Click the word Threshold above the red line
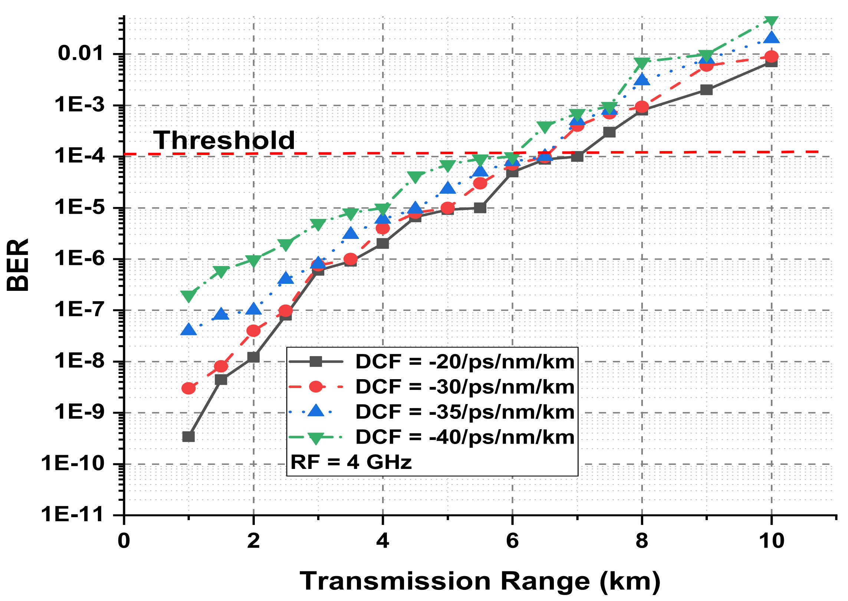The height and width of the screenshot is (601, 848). click(x=224, y=140)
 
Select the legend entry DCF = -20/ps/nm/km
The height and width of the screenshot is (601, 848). click(x=464, y=361)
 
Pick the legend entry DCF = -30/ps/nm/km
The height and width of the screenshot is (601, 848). click(x=464, y=387)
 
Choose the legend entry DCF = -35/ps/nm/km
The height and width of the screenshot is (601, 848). click(x=464, y=412)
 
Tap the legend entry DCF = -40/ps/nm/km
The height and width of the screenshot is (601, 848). click(x=464, y=437)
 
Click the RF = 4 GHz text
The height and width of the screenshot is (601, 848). click(x=351, y=462)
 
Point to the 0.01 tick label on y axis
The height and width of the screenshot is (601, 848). click(x=80, y=53)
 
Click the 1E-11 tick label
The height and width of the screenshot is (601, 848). click(x=72, y=514)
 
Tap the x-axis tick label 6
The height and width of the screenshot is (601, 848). click(x=512, y=541)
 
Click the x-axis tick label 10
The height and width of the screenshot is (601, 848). click(x=771, y=541)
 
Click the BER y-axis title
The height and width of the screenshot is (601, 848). click(x=18, y=265)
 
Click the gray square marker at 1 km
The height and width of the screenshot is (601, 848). click(x=188, y=437)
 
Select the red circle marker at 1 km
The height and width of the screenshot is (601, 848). click(x=188, y=388)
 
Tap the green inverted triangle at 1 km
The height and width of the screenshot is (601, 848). click(x=188, y=296)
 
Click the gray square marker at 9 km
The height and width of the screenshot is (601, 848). click(x=706, y=90)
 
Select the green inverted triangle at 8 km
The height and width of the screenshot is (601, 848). click(x=641, y=63)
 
